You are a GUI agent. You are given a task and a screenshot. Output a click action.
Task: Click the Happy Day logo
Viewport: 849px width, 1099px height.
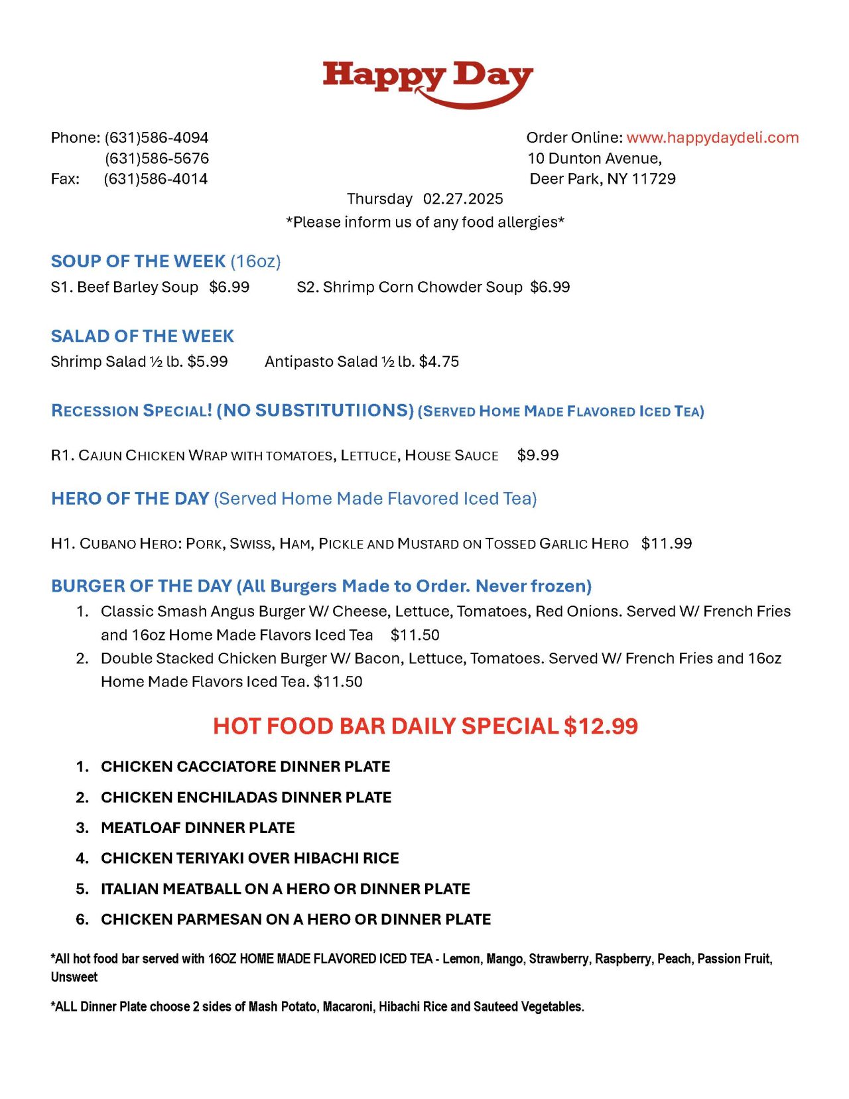pos(427,82)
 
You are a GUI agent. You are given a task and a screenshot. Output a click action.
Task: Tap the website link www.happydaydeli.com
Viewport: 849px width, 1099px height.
pos(712,137)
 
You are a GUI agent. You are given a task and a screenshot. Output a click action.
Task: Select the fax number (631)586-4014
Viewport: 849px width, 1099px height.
pos(155,179)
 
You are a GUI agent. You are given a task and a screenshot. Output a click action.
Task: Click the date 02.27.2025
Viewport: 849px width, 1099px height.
pos(463,199)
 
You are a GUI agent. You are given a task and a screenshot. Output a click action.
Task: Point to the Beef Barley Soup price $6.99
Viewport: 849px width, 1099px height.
pos(229,287)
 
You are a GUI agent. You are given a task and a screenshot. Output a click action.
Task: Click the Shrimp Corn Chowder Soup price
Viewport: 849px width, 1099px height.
pos(550,287)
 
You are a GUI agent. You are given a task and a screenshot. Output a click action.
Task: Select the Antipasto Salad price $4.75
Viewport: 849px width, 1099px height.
pos(439,361)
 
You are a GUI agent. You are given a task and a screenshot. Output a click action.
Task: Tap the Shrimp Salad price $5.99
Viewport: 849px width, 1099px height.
pos(208,361)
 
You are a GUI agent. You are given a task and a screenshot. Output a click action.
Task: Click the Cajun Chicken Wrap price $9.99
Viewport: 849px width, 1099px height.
pos(538,455)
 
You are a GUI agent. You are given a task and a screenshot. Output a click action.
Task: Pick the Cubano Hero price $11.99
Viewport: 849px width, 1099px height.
pos(667,544)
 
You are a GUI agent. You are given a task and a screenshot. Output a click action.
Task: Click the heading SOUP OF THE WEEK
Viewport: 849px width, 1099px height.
pos(139,261)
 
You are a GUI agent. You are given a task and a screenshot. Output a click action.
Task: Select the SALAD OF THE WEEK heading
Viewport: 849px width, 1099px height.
pos(143,336)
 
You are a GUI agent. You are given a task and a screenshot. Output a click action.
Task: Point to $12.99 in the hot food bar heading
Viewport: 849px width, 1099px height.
pos(601,726)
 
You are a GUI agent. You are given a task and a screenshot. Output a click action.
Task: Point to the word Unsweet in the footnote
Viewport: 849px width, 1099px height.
pos(74,977)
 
